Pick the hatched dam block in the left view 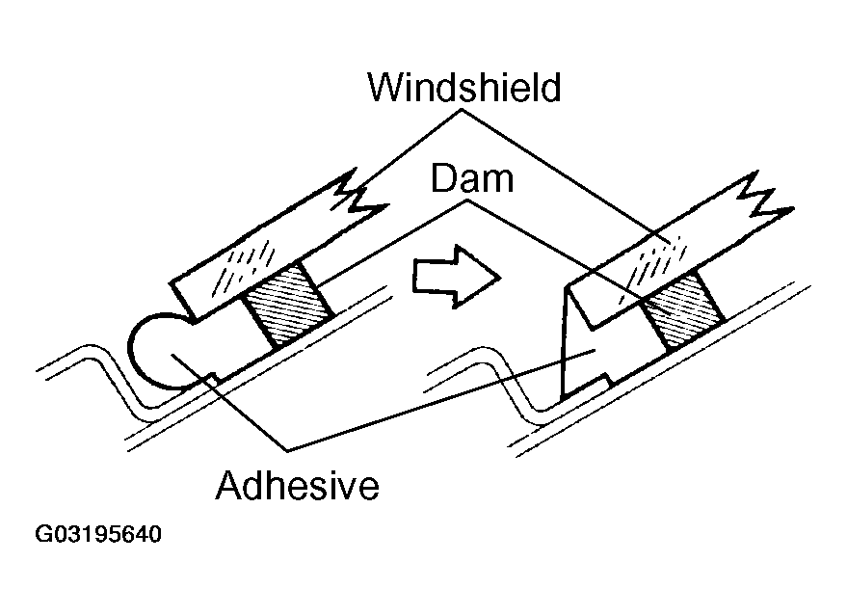[x=286, y=307]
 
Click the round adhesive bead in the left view [x=164, y=352]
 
